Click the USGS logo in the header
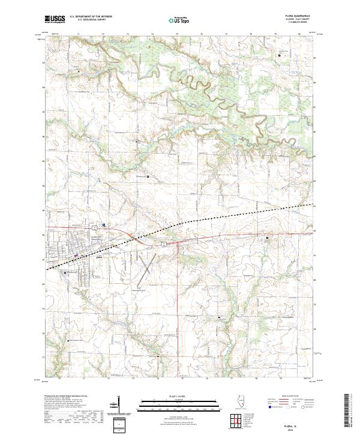tap(55, 19)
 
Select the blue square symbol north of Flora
tap(104, 226)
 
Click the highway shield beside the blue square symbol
tap(95, 228)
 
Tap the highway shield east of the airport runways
tap(163, 243)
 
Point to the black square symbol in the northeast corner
tap(279, 55)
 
